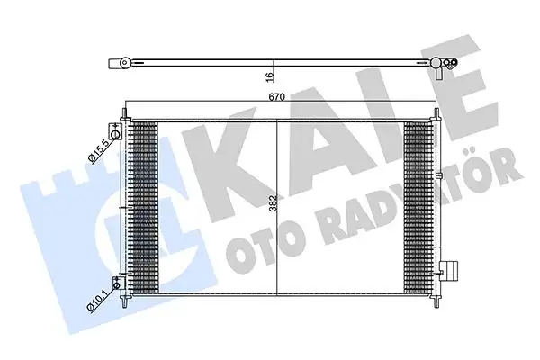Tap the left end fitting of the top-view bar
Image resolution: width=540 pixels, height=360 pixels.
(119, 63)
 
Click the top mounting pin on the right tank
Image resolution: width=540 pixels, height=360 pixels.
(438, 112)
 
